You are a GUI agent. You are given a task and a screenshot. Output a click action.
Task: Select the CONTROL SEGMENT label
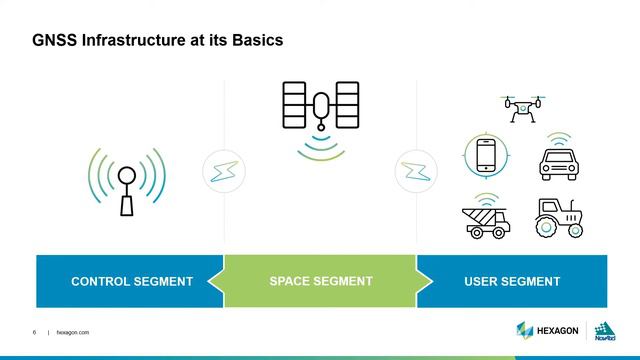click(x=132, y=281)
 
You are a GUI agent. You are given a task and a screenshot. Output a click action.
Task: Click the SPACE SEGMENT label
click(x=321, y=281)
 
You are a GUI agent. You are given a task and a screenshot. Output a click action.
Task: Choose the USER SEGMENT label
click(x=512, y=281)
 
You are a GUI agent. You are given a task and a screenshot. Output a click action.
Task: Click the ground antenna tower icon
click(x=127, y=185)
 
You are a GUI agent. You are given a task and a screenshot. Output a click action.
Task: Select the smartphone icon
click(x=486, y=156)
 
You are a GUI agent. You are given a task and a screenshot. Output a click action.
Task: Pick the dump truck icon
click(x=486, y=221)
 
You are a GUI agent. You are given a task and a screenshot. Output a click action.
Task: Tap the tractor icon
click(x=559, y=218)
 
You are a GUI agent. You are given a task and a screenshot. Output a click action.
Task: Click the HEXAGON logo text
click(x=561, y=330)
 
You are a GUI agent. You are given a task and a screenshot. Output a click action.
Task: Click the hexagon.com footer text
click(x=74, y=332)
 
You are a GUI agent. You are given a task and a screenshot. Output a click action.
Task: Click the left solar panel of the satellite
click(x=295, y=103)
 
